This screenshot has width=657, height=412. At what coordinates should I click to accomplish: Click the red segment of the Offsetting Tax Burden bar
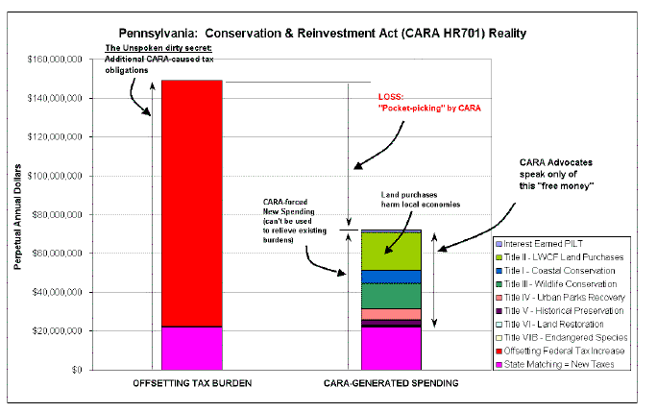coord(192,204)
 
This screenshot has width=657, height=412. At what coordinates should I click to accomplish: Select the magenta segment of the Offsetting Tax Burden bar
coord(192,349)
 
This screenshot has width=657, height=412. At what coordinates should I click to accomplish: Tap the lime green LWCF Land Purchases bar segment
coord(391,252)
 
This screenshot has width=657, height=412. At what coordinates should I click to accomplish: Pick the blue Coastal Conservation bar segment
coord(391,277)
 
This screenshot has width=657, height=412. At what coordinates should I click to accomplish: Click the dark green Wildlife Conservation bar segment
coord(391,297)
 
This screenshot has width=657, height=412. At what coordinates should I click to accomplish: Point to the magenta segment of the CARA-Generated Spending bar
coord(391,349)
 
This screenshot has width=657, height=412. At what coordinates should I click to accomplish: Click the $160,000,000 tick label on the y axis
coord(55,60)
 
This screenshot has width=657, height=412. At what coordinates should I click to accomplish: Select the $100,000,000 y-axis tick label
coord(55,176)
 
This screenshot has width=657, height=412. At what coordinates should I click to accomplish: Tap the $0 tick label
coord(77,370)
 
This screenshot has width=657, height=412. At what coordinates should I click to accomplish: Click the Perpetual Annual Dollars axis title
coord(17,217)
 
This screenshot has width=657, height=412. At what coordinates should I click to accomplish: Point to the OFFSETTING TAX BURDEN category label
coord(192,383)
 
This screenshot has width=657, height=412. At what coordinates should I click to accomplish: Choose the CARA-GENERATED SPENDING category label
coord(391,383)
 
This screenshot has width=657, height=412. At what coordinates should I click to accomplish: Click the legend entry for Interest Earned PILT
coord(539,244)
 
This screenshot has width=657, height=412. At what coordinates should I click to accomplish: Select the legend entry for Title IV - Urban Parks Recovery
coord(560,298)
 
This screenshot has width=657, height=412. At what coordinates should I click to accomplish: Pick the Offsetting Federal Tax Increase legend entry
coord(560,351)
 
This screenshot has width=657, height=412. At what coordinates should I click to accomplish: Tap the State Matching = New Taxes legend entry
coord(555,365)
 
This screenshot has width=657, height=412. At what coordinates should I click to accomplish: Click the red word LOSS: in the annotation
coord(391,97)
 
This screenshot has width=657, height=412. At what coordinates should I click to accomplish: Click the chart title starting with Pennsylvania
coord(322,33)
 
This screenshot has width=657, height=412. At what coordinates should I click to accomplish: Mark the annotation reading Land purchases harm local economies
coord(421,200)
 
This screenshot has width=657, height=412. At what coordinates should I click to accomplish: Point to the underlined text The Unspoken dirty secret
coord(158,48)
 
